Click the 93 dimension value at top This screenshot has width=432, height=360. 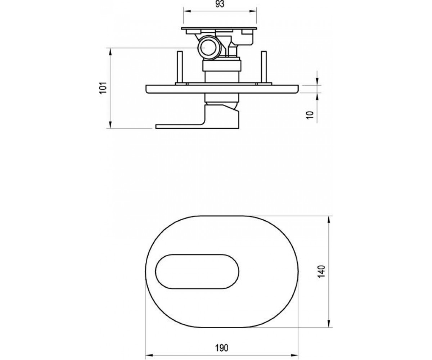tap(220, 4)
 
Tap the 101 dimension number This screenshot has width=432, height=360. tap(103, 88)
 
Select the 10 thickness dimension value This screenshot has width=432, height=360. tap(310, 115)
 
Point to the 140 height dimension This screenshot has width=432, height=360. tap(322, 271)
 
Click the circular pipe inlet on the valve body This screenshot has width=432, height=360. tap(208, 48)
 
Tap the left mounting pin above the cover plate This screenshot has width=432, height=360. tap(180, 67)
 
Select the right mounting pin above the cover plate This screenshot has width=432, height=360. tap(264, 67)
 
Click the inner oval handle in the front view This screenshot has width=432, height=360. tap(197, 271)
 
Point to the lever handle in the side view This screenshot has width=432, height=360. tap(198, 117)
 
